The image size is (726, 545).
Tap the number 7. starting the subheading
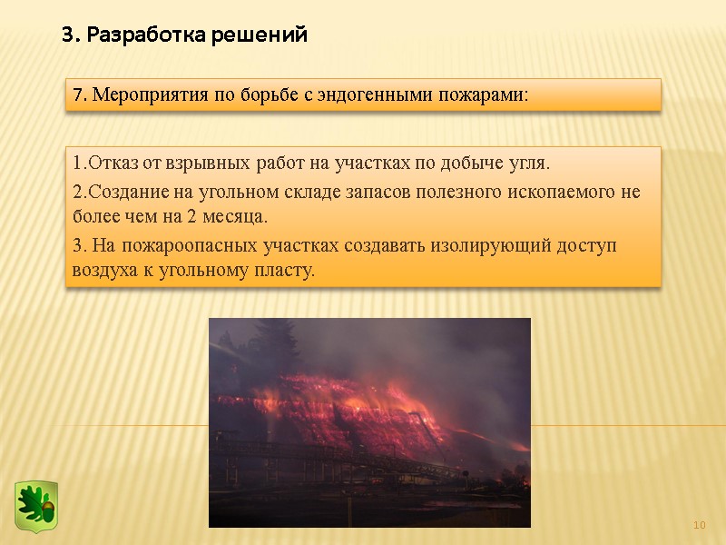[x=79, y=94]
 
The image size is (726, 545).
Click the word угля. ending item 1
[x=529, y=164]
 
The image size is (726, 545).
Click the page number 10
[x=700, y=526]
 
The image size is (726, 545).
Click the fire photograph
[x=369, y=421]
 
